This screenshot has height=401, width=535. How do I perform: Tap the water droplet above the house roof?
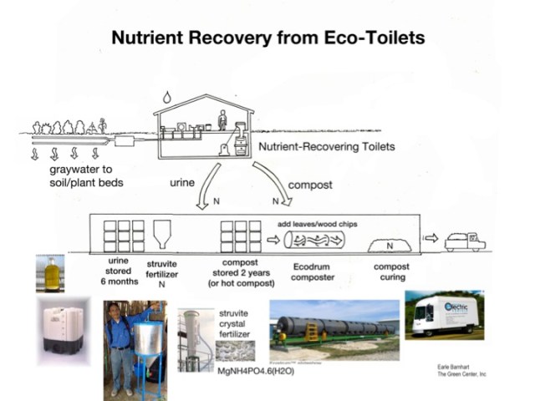(166, 97)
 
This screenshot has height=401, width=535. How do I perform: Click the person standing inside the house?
(222, 121)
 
